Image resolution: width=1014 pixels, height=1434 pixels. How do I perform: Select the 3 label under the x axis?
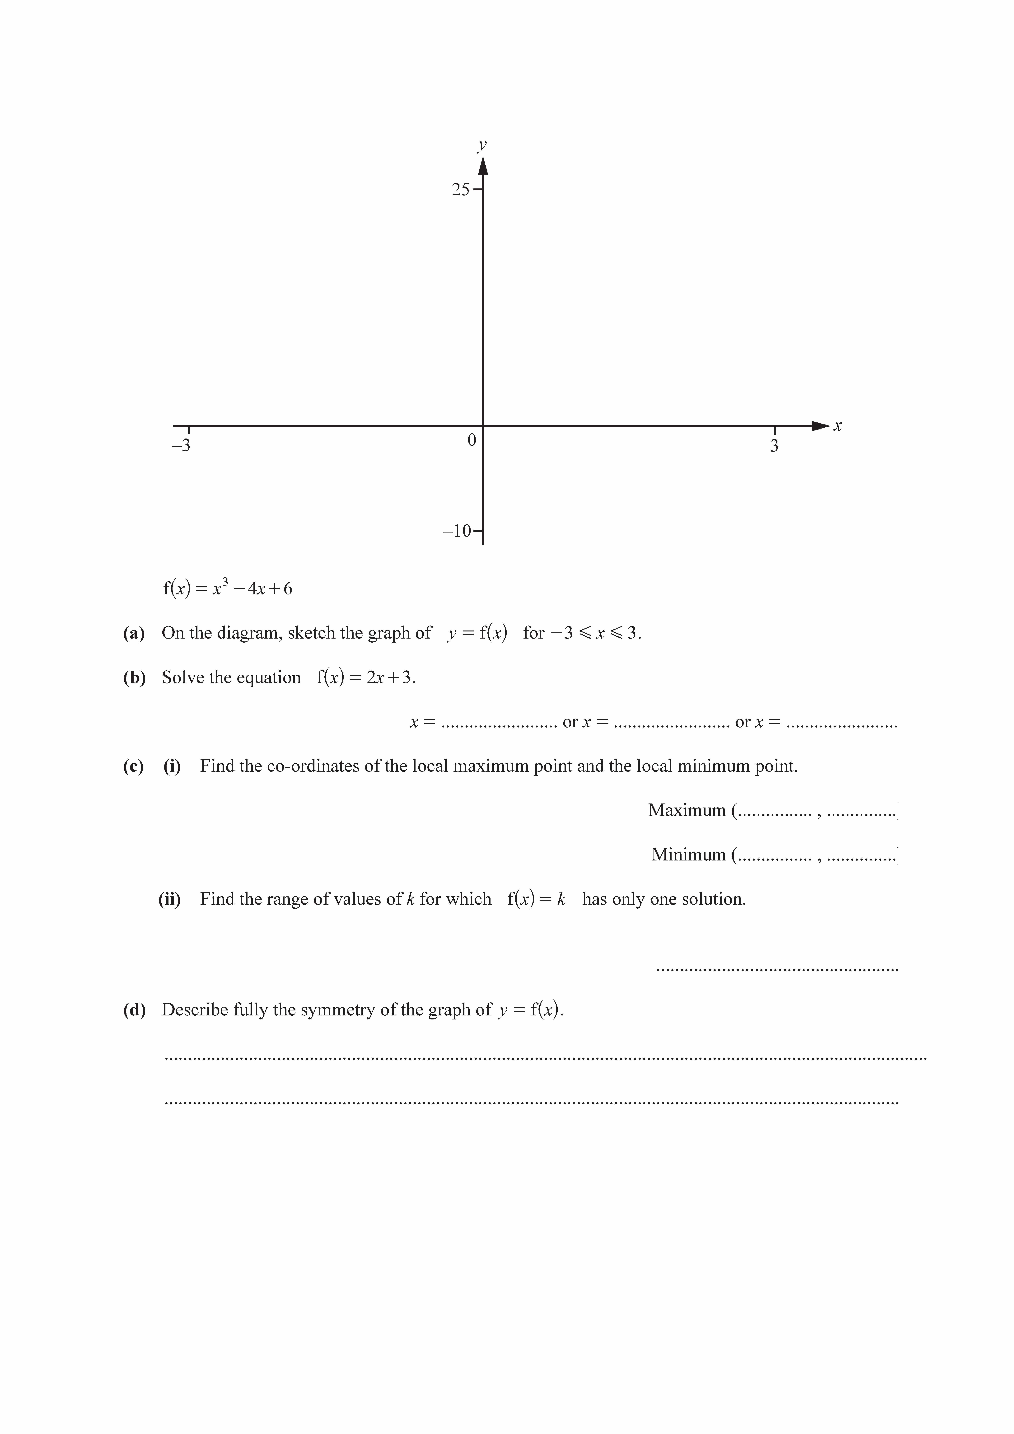tap(774, 446)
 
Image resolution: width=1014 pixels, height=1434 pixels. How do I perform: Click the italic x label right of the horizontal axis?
tap(838, 427)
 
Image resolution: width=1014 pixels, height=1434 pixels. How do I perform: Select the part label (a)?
tap(134, 633)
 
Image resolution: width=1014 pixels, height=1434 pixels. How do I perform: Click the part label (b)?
tap(134, 678)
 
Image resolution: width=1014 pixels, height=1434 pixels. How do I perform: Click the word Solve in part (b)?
tap(181, 678)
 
